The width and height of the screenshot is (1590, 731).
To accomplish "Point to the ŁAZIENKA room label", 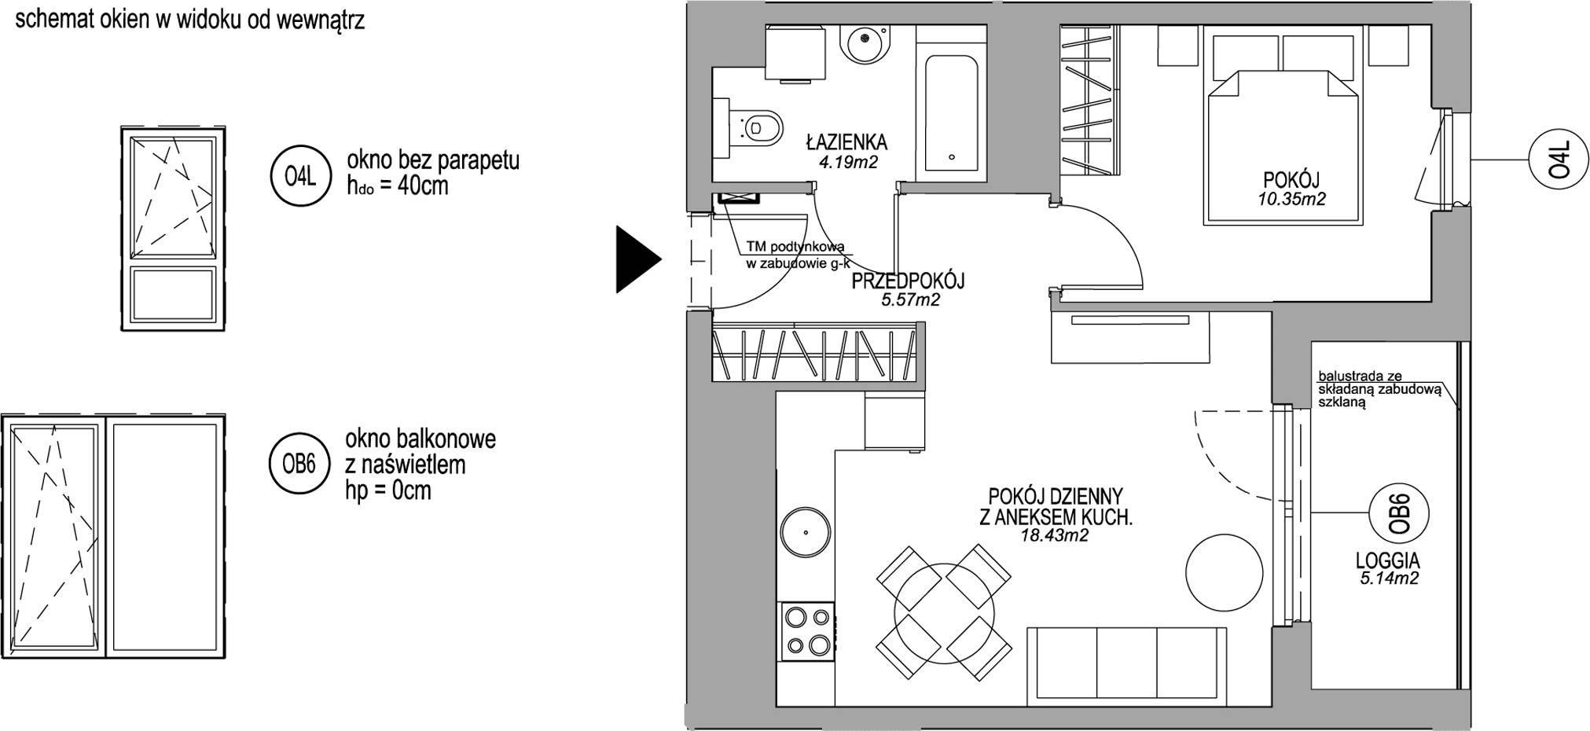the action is [x=846, y=142].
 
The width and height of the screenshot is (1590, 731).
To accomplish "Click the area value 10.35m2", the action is [x=1291, y=200].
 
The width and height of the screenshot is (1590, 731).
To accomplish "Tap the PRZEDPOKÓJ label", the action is [x=908, y=281].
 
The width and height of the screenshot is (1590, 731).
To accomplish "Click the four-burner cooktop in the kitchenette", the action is [x=806, y=631].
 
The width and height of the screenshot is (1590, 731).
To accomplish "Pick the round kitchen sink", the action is [x=806, y=532].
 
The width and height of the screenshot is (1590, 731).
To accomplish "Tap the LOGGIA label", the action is [x=1388, y=560].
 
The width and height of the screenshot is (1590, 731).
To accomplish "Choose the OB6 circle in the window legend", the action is [x=299, y=465].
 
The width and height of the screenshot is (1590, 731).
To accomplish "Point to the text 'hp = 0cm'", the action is [x=388, y=491].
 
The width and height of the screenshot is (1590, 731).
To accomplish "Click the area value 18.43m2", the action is [x=1055, y=536].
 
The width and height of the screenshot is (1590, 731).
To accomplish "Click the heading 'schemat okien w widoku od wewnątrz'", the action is [x=190, y=20].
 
